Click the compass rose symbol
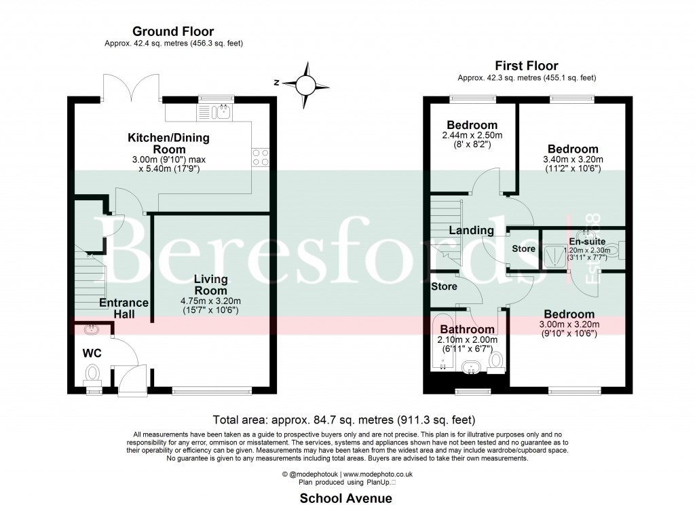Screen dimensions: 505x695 [x=305, y=85]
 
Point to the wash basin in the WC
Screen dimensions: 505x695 [x=90, y=329]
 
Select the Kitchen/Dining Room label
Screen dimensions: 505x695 [x=169, y=143]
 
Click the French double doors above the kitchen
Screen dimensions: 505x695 [x=132, y=87]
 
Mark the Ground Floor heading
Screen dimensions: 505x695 [x=173, y=31]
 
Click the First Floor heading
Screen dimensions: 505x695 [x=526, y=66]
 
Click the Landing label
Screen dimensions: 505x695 [x=471, y=230]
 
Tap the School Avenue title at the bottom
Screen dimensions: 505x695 [x=346, y=498]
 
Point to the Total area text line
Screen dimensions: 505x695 [x=343, y=419]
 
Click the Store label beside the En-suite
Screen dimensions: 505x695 [x=523, y=248]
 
